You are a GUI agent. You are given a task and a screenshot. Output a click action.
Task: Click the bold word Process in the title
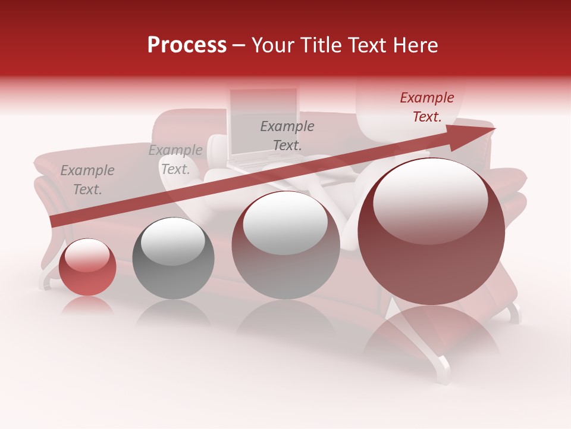tap(187, 45)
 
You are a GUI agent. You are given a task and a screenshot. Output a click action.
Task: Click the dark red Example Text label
tap(426, 107)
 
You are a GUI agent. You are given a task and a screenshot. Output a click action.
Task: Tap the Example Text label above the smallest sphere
tap(87, 180)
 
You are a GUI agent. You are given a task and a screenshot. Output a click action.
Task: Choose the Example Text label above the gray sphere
tap(175, 160)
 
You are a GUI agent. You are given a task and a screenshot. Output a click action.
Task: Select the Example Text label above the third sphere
tap(287, 135)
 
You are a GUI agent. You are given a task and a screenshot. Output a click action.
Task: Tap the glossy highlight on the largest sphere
tap(430, 200)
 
